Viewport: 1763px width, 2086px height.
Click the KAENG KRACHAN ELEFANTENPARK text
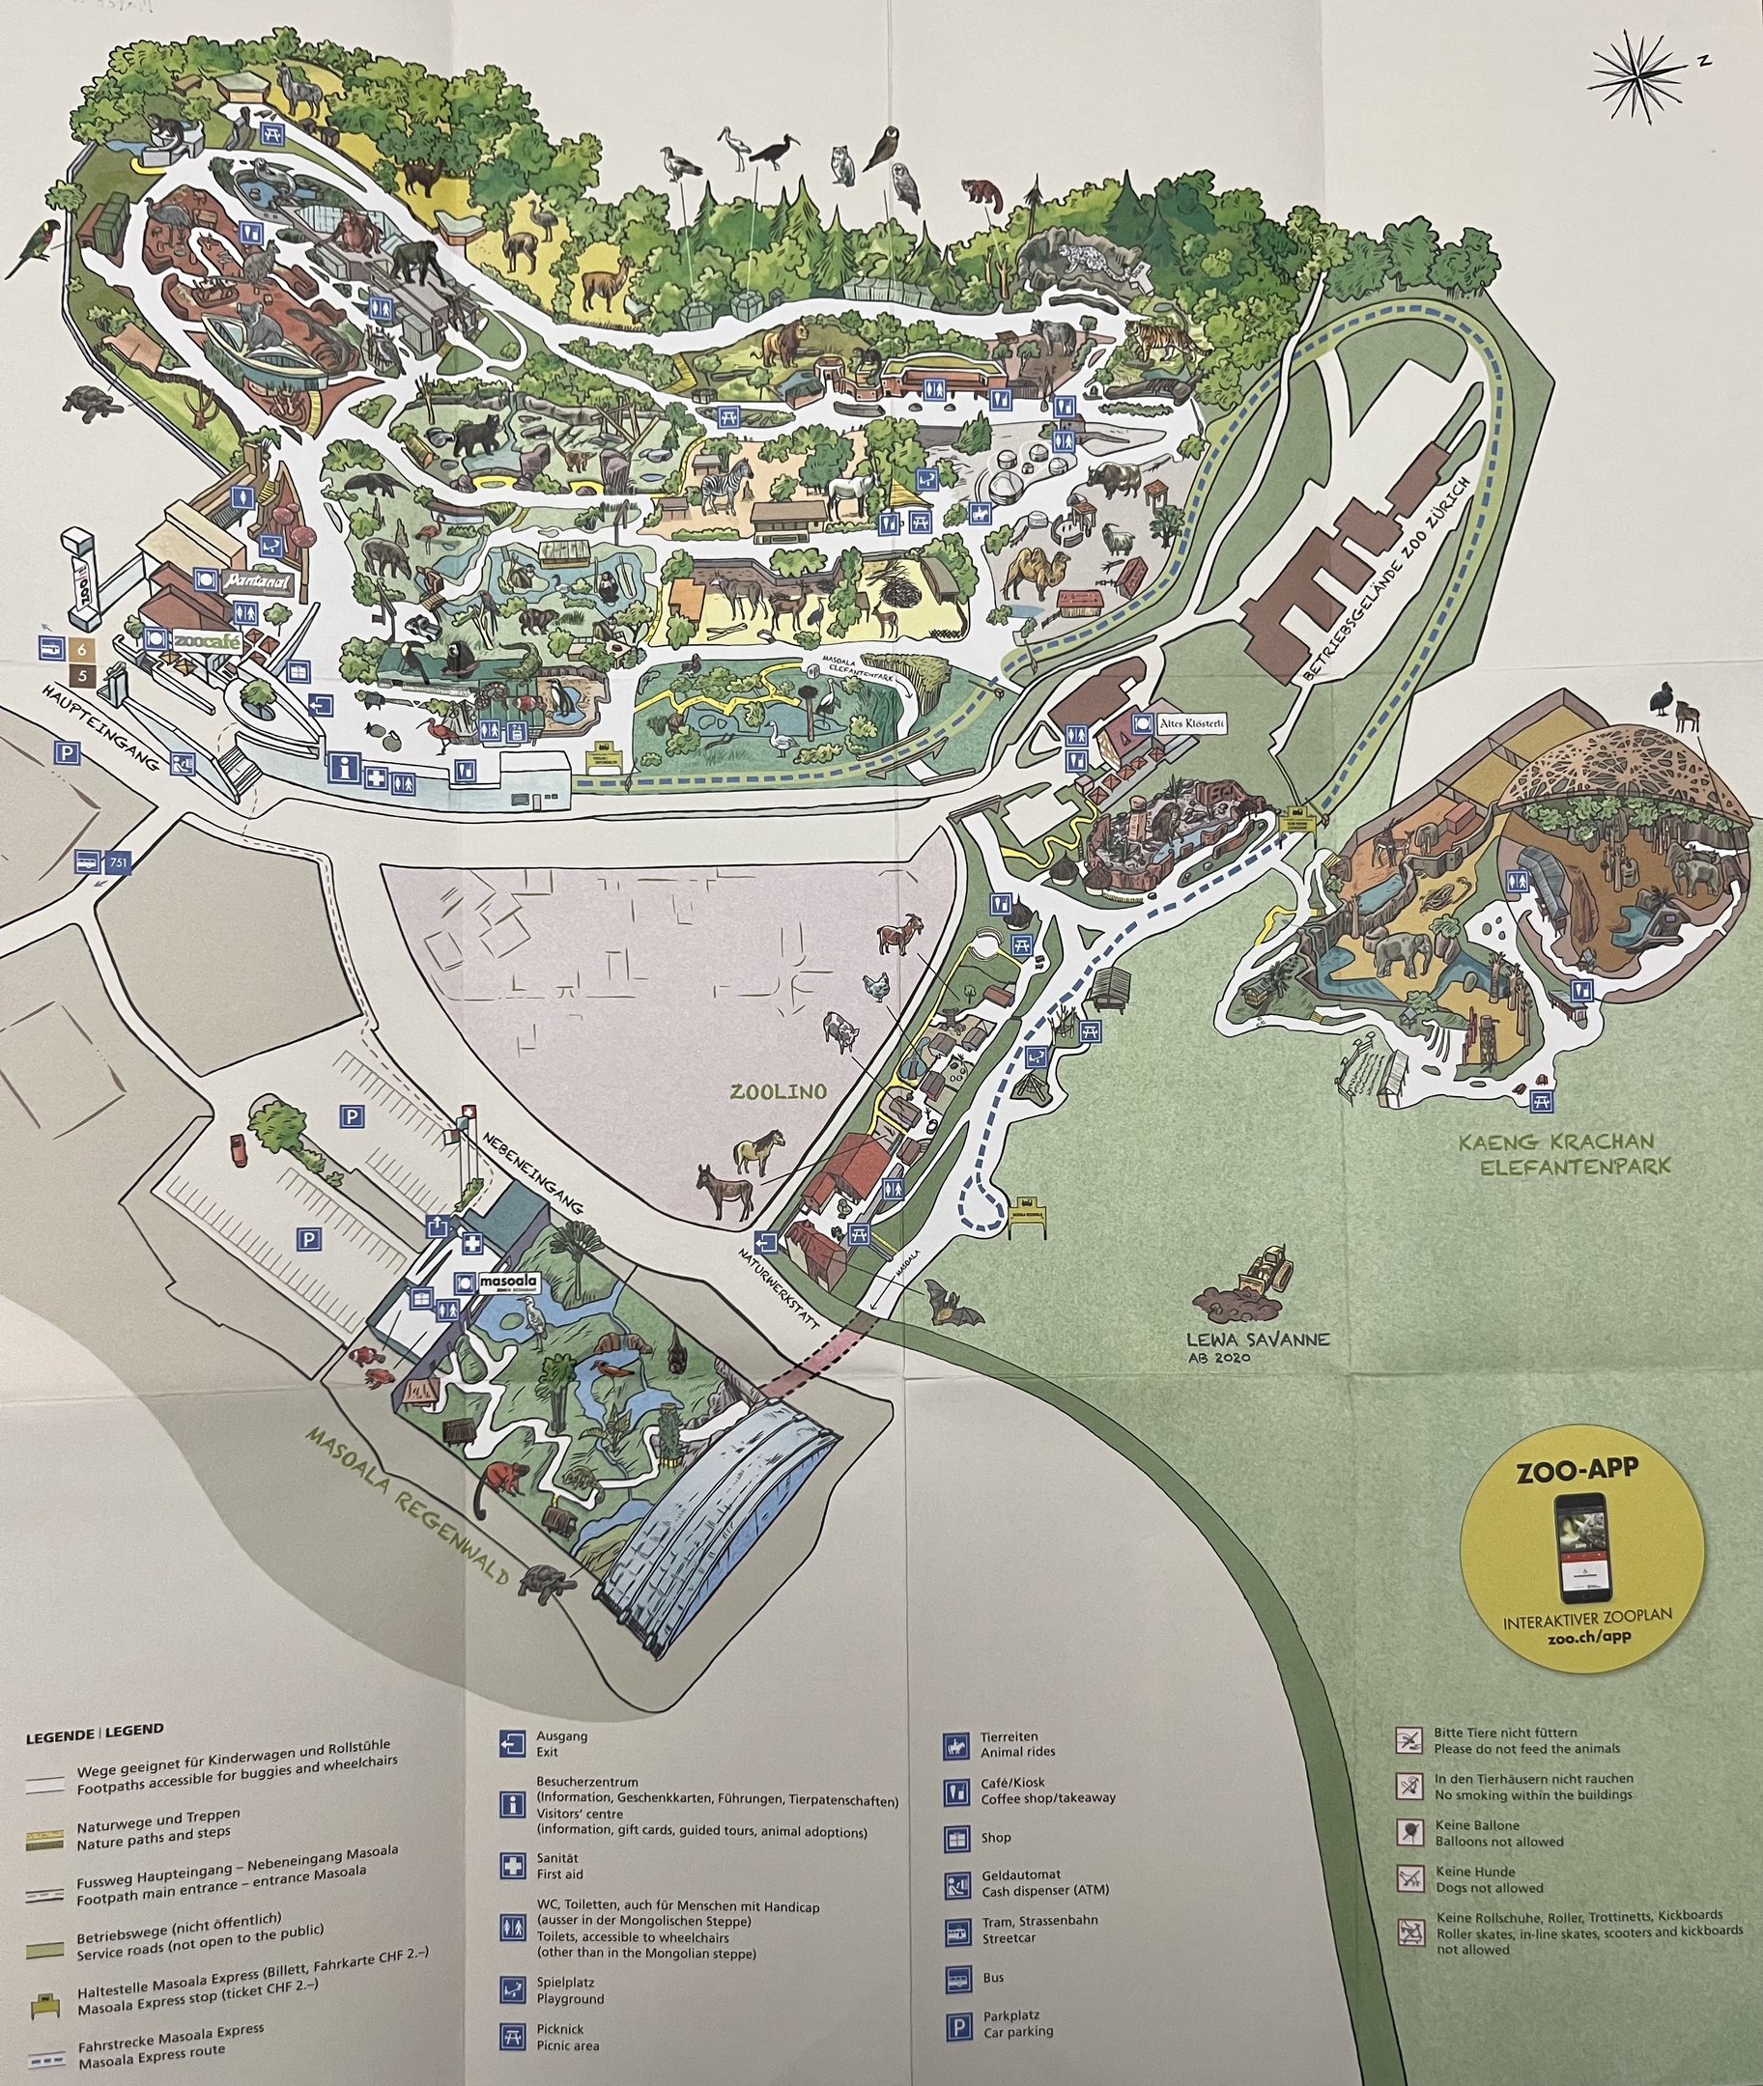[1563, 1152]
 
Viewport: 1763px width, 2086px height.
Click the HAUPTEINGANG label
[103, 726]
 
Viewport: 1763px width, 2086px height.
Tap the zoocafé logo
[207, 641]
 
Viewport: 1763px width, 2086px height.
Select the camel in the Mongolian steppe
[1030, 575]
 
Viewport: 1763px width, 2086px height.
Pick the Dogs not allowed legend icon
[1409, 1879]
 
